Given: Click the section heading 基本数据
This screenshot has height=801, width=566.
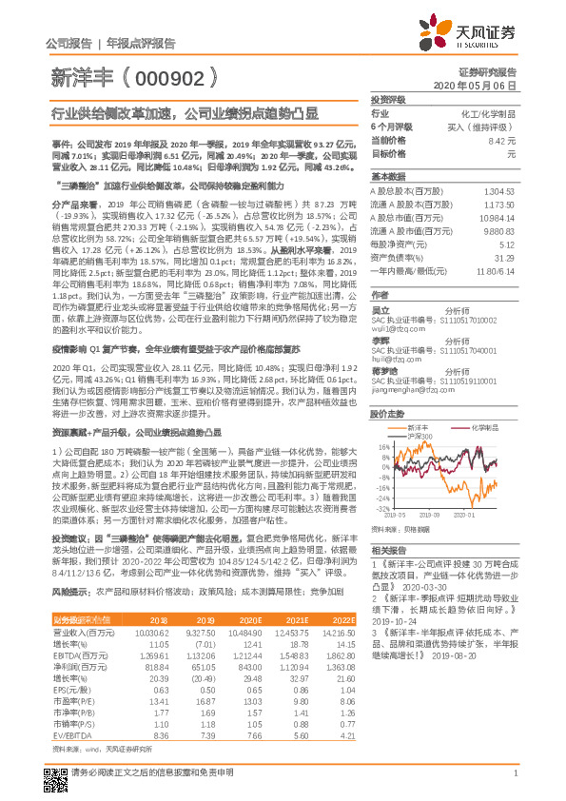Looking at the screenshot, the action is pyautogui.click(x=388, y=177).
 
